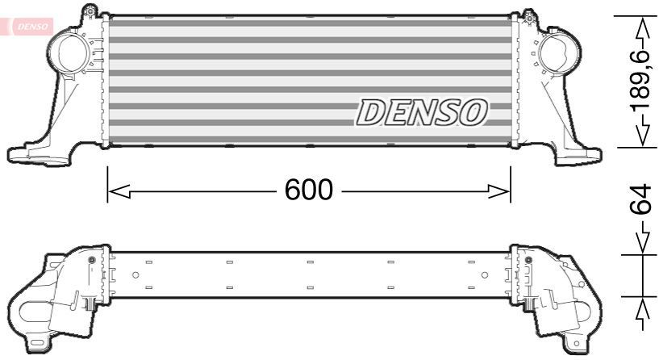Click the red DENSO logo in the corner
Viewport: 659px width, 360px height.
pos(31,26)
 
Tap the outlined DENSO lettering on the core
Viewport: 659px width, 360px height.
pos(422,112)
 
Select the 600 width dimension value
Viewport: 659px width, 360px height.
pos(309,190)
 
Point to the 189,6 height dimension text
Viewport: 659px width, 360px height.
pos(640,82)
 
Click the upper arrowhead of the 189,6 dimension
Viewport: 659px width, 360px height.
pos(643,28)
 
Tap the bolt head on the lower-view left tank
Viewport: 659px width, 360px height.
pos(90,260)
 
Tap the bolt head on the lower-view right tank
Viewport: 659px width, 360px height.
pos(527,260)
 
